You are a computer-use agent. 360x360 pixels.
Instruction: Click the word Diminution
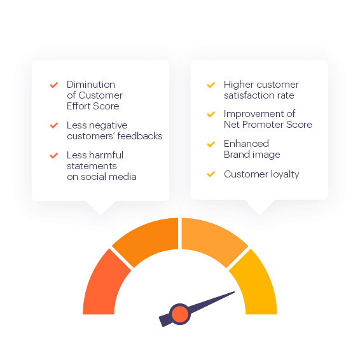click(91, 85)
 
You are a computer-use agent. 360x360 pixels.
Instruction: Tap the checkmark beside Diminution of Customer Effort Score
click(54, 85)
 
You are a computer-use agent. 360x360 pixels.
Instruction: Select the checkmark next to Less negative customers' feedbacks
click(54, 125)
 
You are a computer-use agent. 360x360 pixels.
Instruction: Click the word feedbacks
click(140, 136)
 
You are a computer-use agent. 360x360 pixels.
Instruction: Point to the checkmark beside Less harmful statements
click(54, 155)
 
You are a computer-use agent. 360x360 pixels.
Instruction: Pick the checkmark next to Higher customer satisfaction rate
click(211, 85)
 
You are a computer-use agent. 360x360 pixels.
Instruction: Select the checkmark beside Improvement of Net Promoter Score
click(211, 114)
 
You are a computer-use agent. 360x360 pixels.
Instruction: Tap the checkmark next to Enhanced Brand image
click(211, 144)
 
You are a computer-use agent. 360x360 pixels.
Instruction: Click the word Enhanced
click(246, 144)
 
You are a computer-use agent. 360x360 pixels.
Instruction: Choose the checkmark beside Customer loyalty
click(211, 174)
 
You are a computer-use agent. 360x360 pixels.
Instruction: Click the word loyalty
click(285, 174)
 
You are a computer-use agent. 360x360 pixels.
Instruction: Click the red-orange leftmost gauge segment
click(103, 285)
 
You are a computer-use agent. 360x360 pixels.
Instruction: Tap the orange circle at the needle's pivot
click(180, 314)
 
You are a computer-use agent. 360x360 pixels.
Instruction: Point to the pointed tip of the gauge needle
click(234, 292)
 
